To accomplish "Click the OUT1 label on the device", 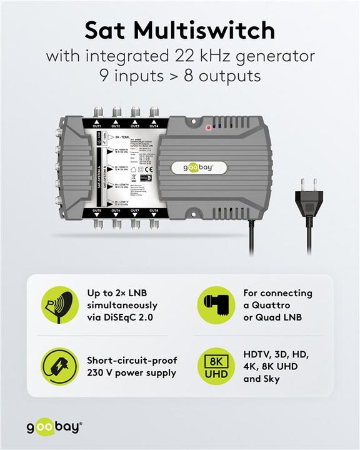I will (x=97, y=126).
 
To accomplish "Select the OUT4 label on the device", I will (x=154, y=126).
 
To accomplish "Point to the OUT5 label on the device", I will (x=97, y=211).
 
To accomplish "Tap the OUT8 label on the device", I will (x=154, y=211).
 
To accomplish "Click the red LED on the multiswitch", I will (x=209, y=127).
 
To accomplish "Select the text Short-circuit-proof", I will (x=132, y=361).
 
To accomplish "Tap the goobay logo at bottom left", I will (x=53, y=427).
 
